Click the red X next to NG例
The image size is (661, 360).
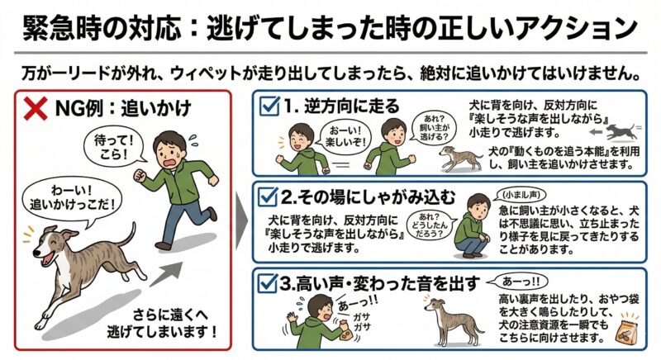[x=35, y=109]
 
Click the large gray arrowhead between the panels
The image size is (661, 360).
[x=241, y=220]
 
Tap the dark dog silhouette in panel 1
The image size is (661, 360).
[x=621, y=132]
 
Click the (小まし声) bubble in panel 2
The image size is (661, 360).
[x=519, y=195]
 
